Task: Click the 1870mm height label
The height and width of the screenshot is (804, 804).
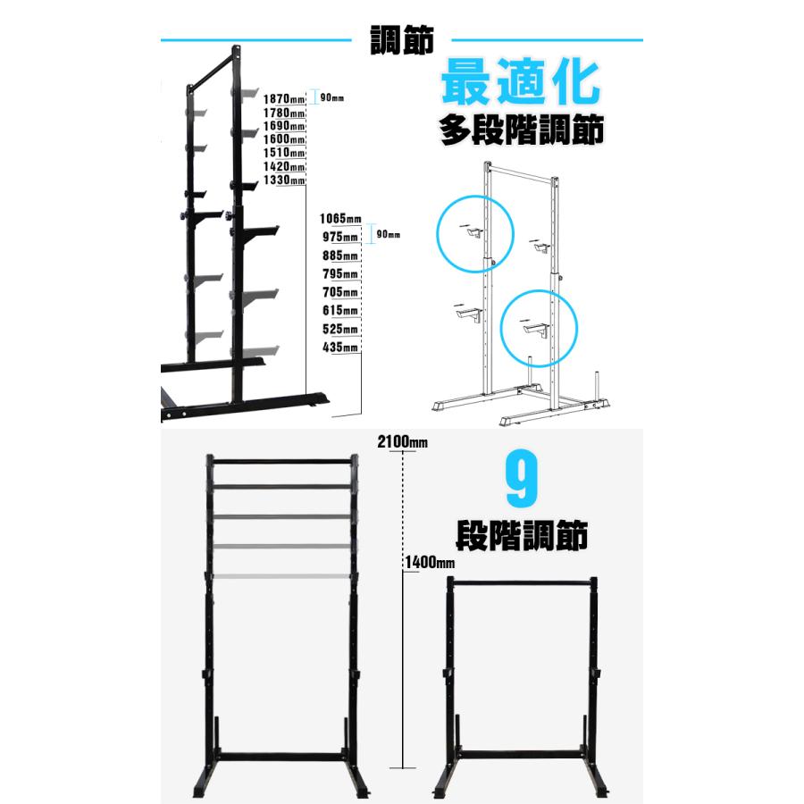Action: (284, 98)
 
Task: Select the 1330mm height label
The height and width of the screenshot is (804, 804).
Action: (284, 180)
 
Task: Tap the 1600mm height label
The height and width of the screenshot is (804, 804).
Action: (284, 139)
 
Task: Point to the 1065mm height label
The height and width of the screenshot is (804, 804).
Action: (340, 219)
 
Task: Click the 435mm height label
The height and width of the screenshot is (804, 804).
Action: (340, 348)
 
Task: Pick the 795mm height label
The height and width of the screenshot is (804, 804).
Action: (340, 274)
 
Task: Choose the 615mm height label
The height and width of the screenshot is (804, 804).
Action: (340, 310)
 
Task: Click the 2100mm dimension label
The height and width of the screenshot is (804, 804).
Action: (403, 442)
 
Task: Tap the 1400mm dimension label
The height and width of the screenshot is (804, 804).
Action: (430, 563)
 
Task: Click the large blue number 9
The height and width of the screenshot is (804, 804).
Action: (522, 479)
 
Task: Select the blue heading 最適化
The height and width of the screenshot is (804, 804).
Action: (521, 82)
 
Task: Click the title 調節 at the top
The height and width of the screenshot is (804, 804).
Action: (402, 40)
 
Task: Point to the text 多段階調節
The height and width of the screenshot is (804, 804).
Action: (522, 130)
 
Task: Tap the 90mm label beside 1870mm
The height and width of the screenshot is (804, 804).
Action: (331, 97)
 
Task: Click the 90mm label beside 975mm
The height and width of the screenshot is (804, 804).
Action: (389, 234)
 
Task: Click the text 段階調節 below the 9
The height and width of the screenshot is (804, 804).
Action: (522, 536)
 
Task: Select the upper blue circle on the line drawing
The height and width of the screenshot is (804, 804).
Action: (437, 233)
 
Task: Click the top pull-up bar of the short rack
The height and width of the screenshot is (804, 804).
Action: (522, 583)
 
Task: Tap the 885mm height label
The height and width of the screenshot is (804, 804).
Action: (340, 255)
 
